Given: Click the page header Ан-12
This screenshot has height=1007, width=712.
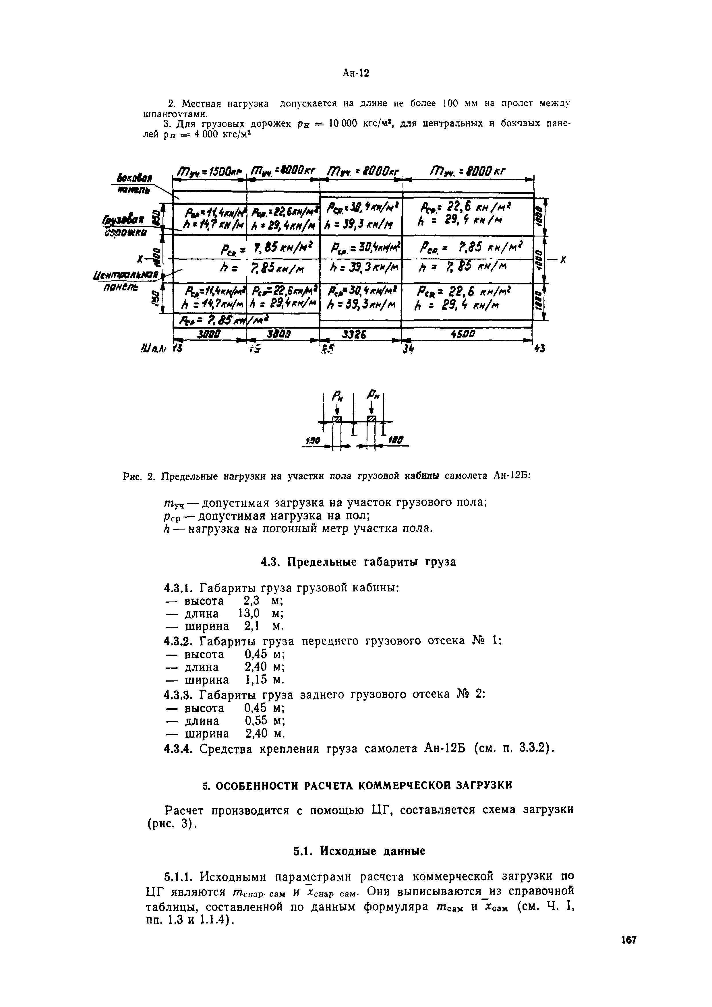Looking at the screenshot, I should pyautogui.click(x=356, y=73).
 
